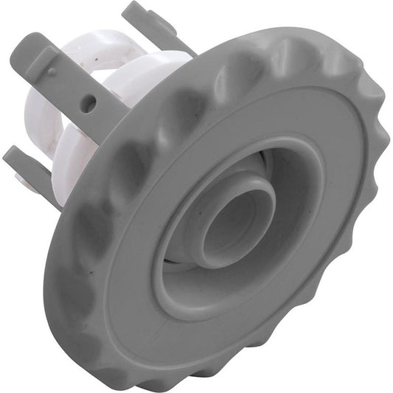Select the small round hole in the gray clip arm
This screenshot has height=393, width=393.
tap(88, 105)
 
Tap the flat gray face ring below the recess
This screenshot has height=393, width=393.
tap(221, 324)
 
